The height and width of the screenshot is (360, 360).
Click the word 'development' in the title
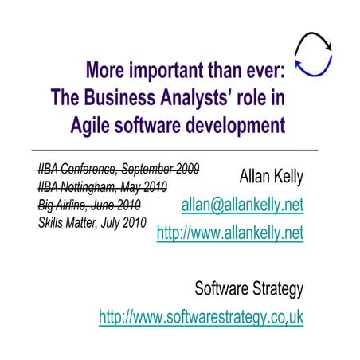tap(237, 125)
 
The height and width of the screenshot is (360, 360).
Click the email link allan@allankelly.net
tap(243, 206)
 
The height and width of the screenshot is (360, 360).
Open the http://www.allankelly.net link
tap(230, 234)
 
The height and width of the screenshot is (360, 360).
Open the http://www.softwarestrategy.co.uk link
tap(201, 317)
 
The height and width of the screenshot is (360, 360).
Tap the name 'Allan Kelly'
tap(272, 175)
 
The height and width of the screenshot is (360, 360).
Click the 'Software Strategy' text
tap(249, 288)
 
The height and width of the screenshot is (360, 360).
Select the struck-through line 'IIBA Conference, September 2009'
tap(118, 168)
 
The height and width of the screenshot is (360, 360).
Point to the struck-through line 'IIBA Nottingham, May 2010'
tap(103, 186)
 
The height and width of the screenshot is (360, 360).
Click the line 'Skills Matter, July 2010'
tap(92, 222)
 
